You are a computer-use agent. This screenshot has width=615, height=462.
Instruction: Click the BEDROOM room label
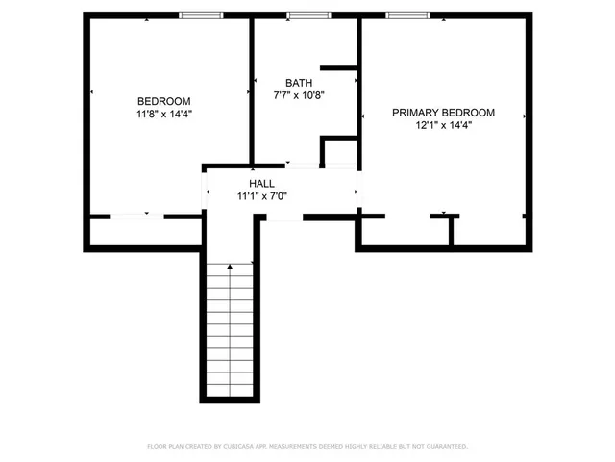click(163, 101)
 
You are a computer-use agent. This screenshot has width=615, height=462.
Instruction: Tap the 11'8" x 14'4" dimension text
click(163, 114)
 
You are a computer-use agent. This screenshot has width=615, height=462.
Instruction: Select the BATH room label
click(299, 83)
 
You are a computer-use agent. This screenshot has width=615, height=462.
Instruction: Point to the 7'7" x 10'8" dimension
click(299, 95)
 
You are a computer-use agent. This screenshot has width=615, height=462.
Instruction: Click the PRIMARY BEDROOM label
click(443, 113)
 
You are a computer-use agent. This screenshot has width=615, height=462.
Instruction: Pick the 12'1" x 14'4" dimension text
click(443, 125)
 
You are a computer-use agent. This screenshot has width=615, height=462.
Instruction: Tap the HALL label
click(262, 183)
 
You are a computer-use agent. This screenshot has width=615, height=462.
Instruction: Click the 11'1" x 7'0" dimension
click(262, 195)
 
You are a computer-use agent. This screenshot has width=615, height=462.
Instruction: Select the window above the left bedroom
click(201, 15)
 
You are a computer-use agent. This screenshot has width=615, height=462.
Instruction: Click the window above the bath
click(308, 15)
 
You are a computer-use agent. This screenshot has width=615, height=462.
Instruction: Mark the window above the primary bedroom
click(407, 15)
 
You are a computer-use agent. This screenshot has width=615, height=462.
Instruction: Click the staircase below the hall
click(230, 327)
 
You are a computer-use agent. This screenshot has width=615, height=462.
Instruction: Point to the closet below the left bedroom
click(144, 234)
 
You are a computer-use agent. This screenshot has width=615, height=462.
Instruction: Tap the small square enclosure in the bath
click(339, 153)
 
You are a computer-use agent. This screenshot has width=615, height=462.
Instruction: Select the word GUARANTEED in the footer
click(445, 447)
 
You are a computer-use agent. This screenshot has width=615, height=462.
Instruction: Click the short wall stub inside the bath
click(338, 67)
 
